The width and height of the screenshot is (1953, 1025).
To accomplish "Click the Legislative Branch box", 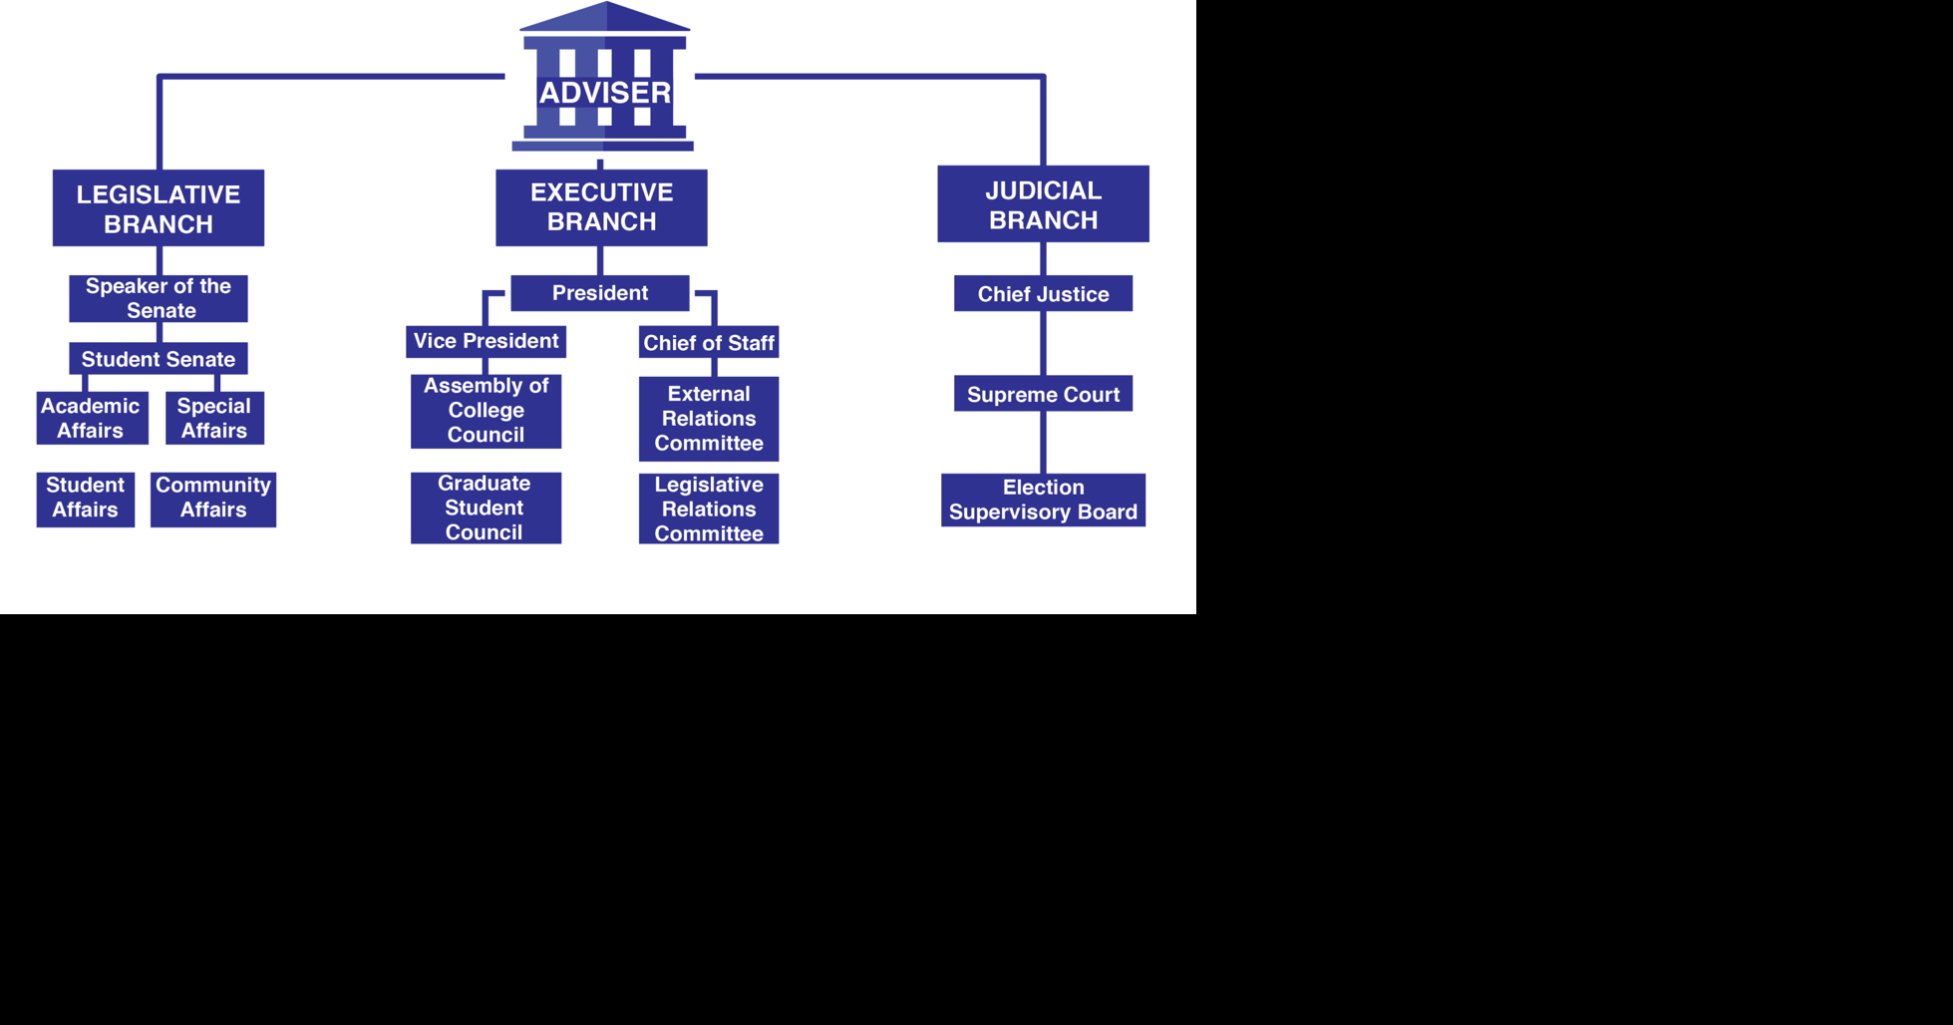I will (159, 207).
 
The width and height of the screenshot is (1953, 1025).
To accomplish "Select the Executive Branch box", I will (601, 206).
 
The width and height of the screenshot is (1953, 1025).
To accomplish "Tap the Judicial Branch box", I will (1043, 203).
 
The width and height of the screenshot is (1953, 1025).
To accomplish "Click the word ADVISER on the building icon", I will (605, 93).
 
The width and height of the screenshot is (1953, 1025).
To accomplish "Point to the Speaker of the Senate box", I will (159, 298).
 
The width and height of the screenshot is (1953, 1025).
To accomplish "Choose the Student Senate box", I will (159, 359).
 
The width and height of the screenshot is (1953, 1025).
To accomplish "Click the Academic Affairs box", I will (92, 418).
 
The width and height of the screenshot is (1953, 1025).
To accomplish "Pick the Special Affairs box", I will (214, 418).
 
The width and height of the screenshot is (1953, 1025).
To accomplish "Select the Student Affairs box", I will (86, 499).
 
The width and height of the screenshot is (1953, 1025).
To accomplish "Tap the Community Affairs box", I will (213, 499).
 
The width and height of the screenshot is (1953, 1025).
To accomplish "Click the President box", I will (600, 293).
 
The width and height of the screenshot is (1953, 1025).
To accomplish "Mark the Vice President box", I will (486, 341).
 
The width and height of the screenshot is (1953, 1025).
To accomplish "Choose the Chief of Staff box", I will (709, 343).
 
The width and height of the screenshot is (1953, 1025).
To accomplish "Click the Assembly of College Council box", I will (486, 411).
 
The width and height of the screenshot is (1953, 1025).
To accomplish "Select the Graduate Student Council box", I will (486, 508).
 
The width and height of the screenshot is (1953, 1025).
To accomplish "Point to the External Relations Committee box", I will (709, 419).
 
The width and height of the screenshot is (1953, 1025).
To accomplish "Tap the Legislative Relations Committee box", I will (709, 509).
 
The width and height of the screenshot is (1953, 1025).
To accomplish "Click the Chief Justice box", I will (1043, 294).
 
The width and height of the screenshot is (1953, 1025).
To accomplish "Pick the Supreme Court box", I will (1043, 394).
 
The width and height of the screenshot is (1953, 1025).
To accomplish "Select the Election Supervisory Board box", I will (1043, 500).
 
